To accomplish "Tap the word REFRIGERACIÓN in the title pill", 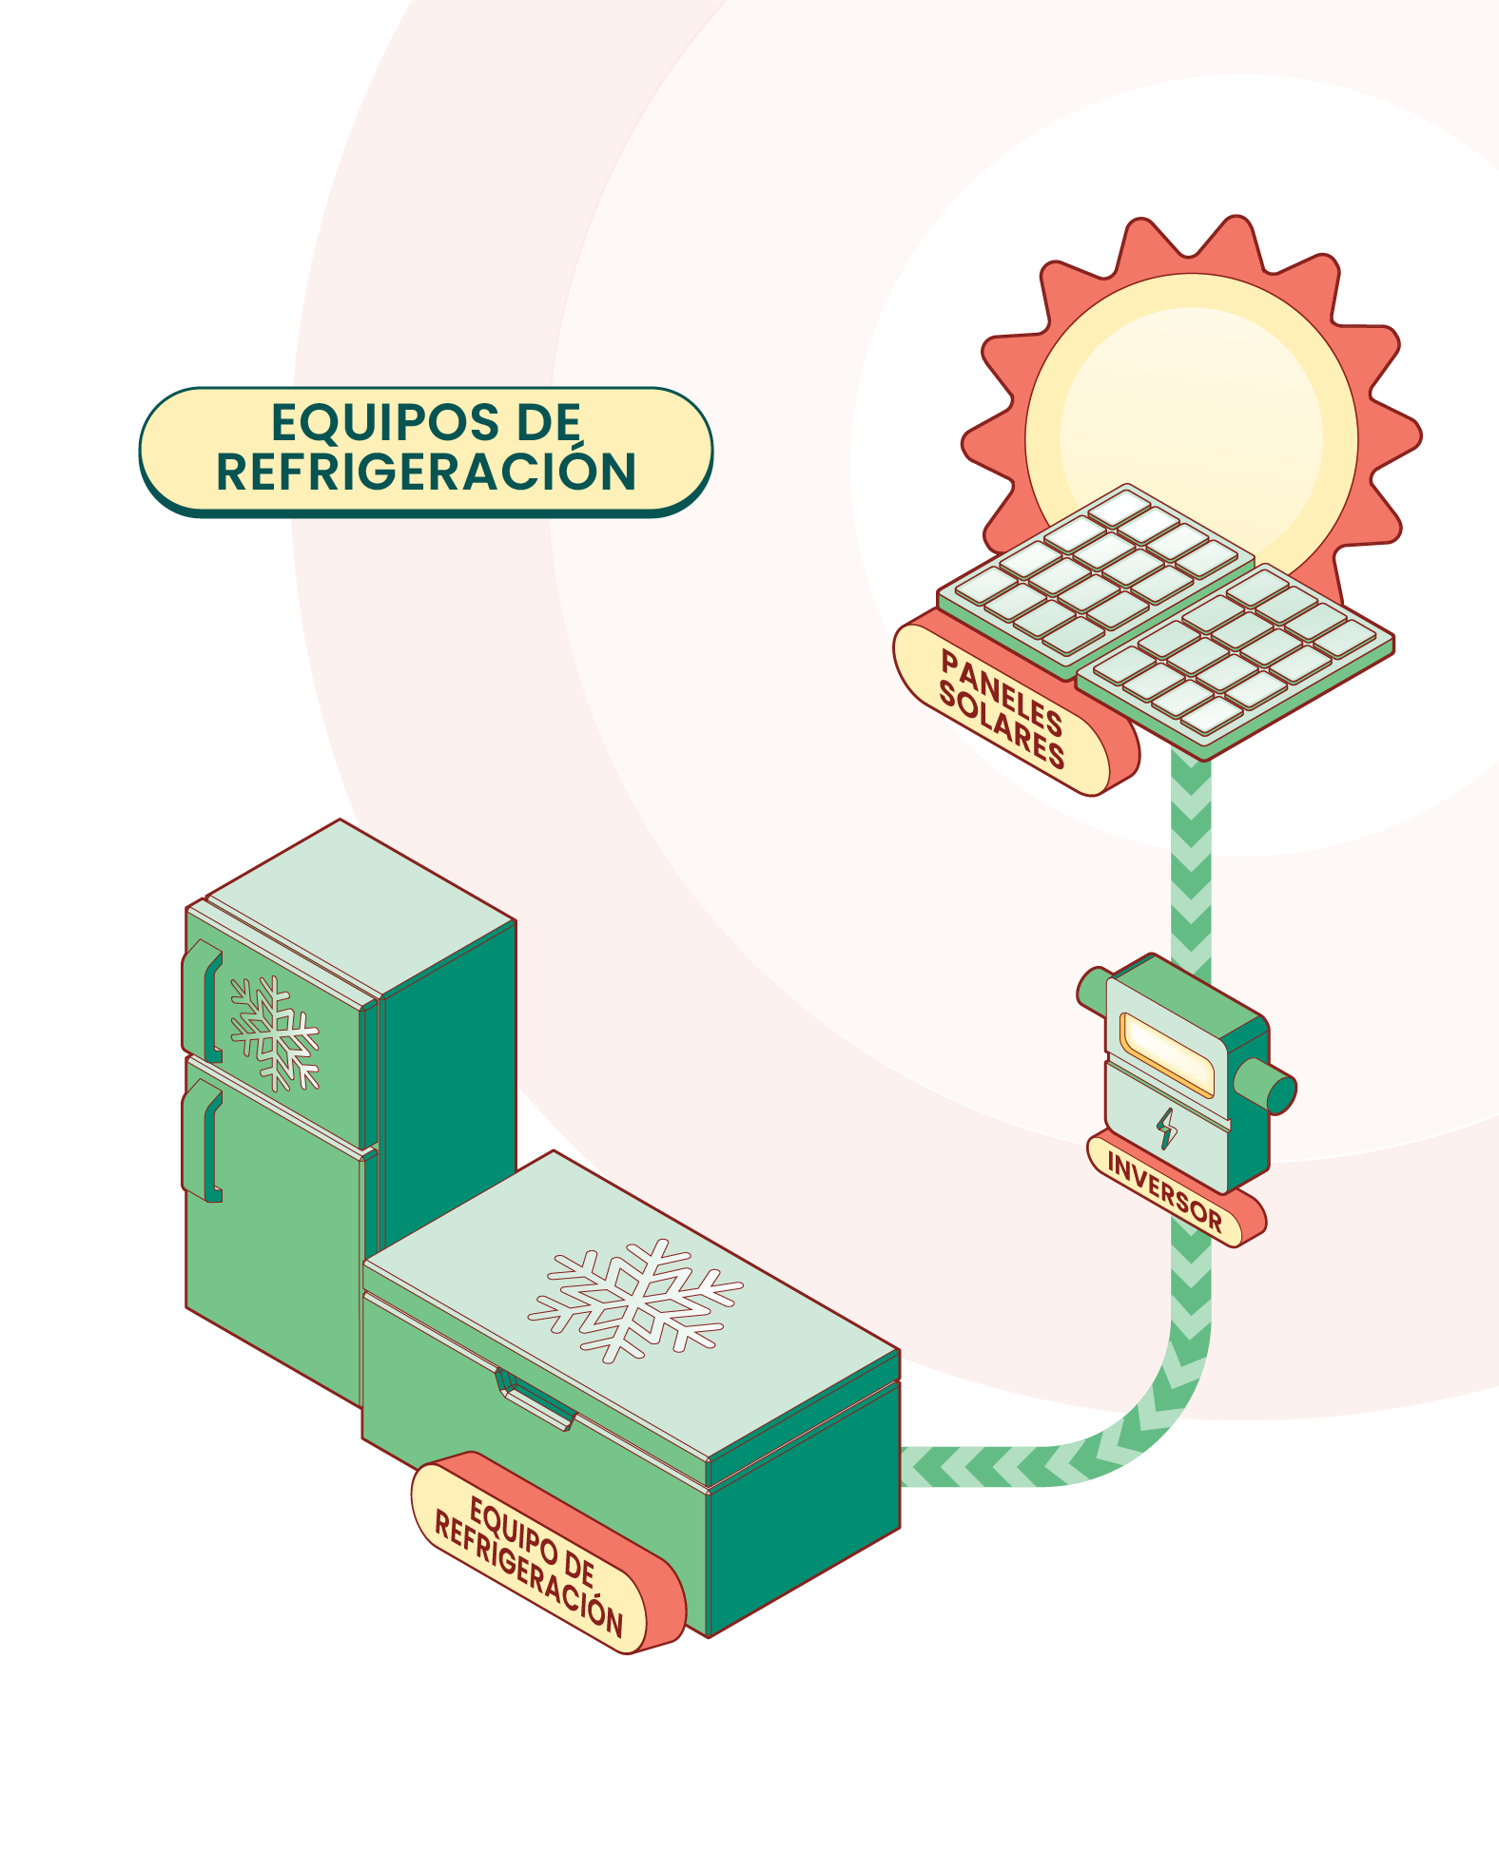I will pyautogui.click(x=426, y=473).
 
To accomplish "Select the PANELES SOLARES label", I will pyautogui.click(x=1001, y=709).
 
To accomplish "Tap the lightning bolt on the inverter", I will pyautogui.click(x=1166, y=1129).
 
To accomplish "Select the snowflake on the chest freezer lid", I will pyautogui.click(x=635, y=1300).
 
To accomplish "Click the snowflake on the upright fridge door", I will pyautogui.click(x=275, y=1032).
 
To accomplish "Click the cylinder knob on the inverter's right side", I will pyautogui.click(x=1268, y=1088).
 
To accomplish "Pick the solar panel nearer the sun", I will pyautogui.click(x=1094, y=570).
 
